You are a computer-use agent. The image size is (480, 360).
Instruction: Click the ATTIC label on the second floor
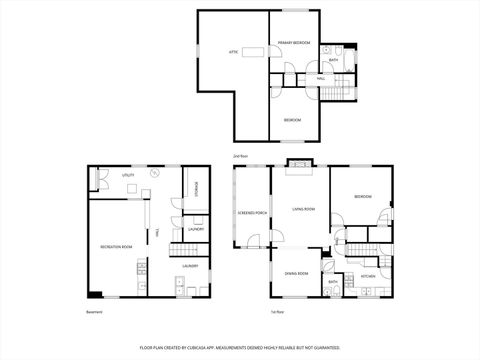[x=233, y=49]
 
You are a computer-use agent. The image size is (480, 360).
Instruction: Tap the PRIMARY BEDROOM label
[x=295, y=43]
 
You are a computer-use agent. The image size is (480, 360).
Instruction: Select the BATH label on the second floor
[x=334, y=60]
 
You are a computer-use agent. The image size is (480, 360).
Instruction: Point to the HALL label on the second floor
[x=320, y=78]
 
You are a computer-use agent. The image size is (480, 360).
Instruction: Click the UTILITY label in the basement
[x=128, y=175]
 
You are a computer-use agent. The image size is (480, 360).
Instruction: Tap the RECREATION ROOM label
[x=116, y=246]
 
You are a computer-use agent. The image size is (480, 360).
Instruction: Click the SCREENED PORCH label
[x=252, y=213]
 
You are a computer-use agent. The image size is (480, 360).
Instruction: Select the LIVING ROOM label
[x=304, y=209]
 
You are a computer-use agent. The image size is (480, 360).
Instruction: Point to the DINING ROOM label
[x=296, y=273]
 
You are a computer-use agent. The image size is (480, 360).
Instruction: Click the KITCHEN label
[x=367, y=276]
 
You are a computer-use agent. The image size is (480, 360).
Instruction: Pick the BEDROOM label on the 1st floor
[x=362, y=197]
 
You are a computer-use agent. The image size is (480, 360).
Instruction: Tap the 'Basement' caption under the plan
[x=94, y=312]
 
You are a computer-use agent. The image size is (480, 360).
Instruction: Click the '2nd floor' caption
[x=239, y=157]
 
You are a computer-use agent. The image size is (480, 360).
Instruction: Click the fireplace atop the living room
[x=299, y=164]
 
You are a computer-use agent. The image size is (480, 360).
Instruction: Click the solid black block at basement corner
[x=94, y=294]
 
